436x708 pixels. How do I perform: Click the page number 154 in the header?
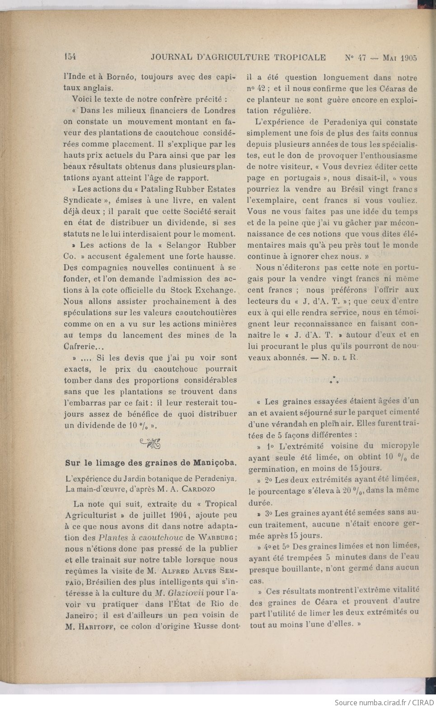(x=70, y=57)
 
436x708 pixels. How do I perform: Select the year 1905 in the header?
(x=408, y=58)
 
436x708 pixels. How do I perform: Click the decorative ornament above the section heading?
(x=150, y=444)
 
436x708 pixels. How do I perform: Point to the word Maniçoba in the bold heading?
(x=214, y=463)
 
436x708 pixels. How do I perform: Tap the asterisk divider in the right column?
(x=333, y=380)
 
